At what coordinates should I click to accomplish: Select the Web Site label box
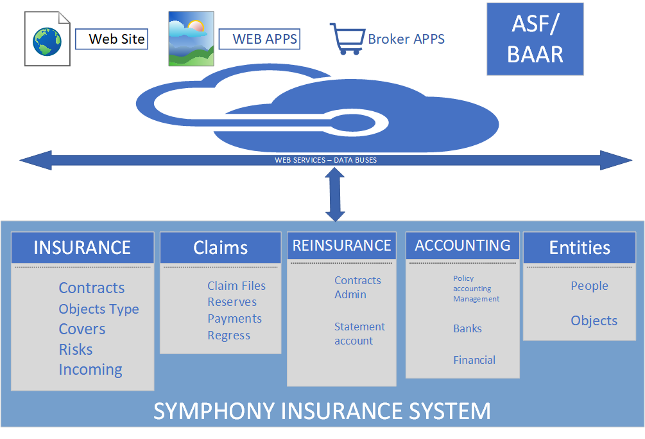[x=112, y=39]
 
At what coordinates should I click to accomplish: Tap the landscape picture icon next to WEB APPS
[x=191, y=39]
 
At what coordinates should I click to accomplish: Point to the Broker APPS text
[x=406, y=39]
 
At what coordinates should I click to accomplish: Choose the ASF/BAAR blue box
[x=535, y=39]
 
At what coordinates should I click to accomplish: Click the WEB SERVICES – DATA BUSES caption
[x=325, y=160]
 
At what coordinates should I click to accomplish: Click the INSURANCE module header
[x=82, y=247]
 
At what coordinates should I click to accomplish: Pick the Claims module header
[x=220, y=247]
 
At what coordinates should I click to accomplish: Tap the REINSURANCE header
[x=341, y=246]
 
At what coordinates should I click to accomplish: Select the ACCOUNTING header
[x=462, y=246]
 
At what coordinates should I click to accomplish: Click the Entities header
[x=580, y=247]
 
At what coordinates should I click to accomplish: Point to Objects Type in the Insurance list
[x=99, y=309]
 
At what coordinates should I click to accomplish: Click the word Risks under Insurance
[x=76, y=350]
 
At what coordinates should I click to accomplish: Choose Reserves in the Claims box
[x=232, y=302]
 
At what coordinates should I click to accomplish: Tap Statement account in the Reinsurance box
[x=359, y=334]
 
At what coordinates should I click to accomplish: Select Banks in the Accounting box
[x=467, y=328]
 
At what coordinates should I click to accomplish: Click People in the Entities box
[x=589, y=286]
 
